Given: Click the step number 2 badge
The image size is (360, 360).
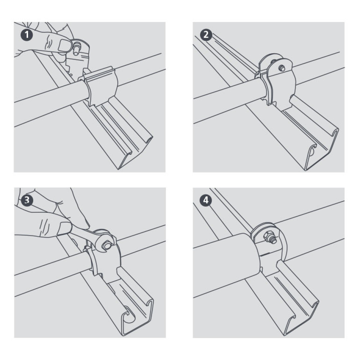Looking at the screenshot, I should [206, 35].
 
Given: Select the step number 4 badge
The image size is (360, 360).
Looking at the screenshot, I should [206, 200].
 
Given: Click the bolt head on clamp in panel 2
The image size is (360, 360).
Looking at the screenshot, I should [282, 67].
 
